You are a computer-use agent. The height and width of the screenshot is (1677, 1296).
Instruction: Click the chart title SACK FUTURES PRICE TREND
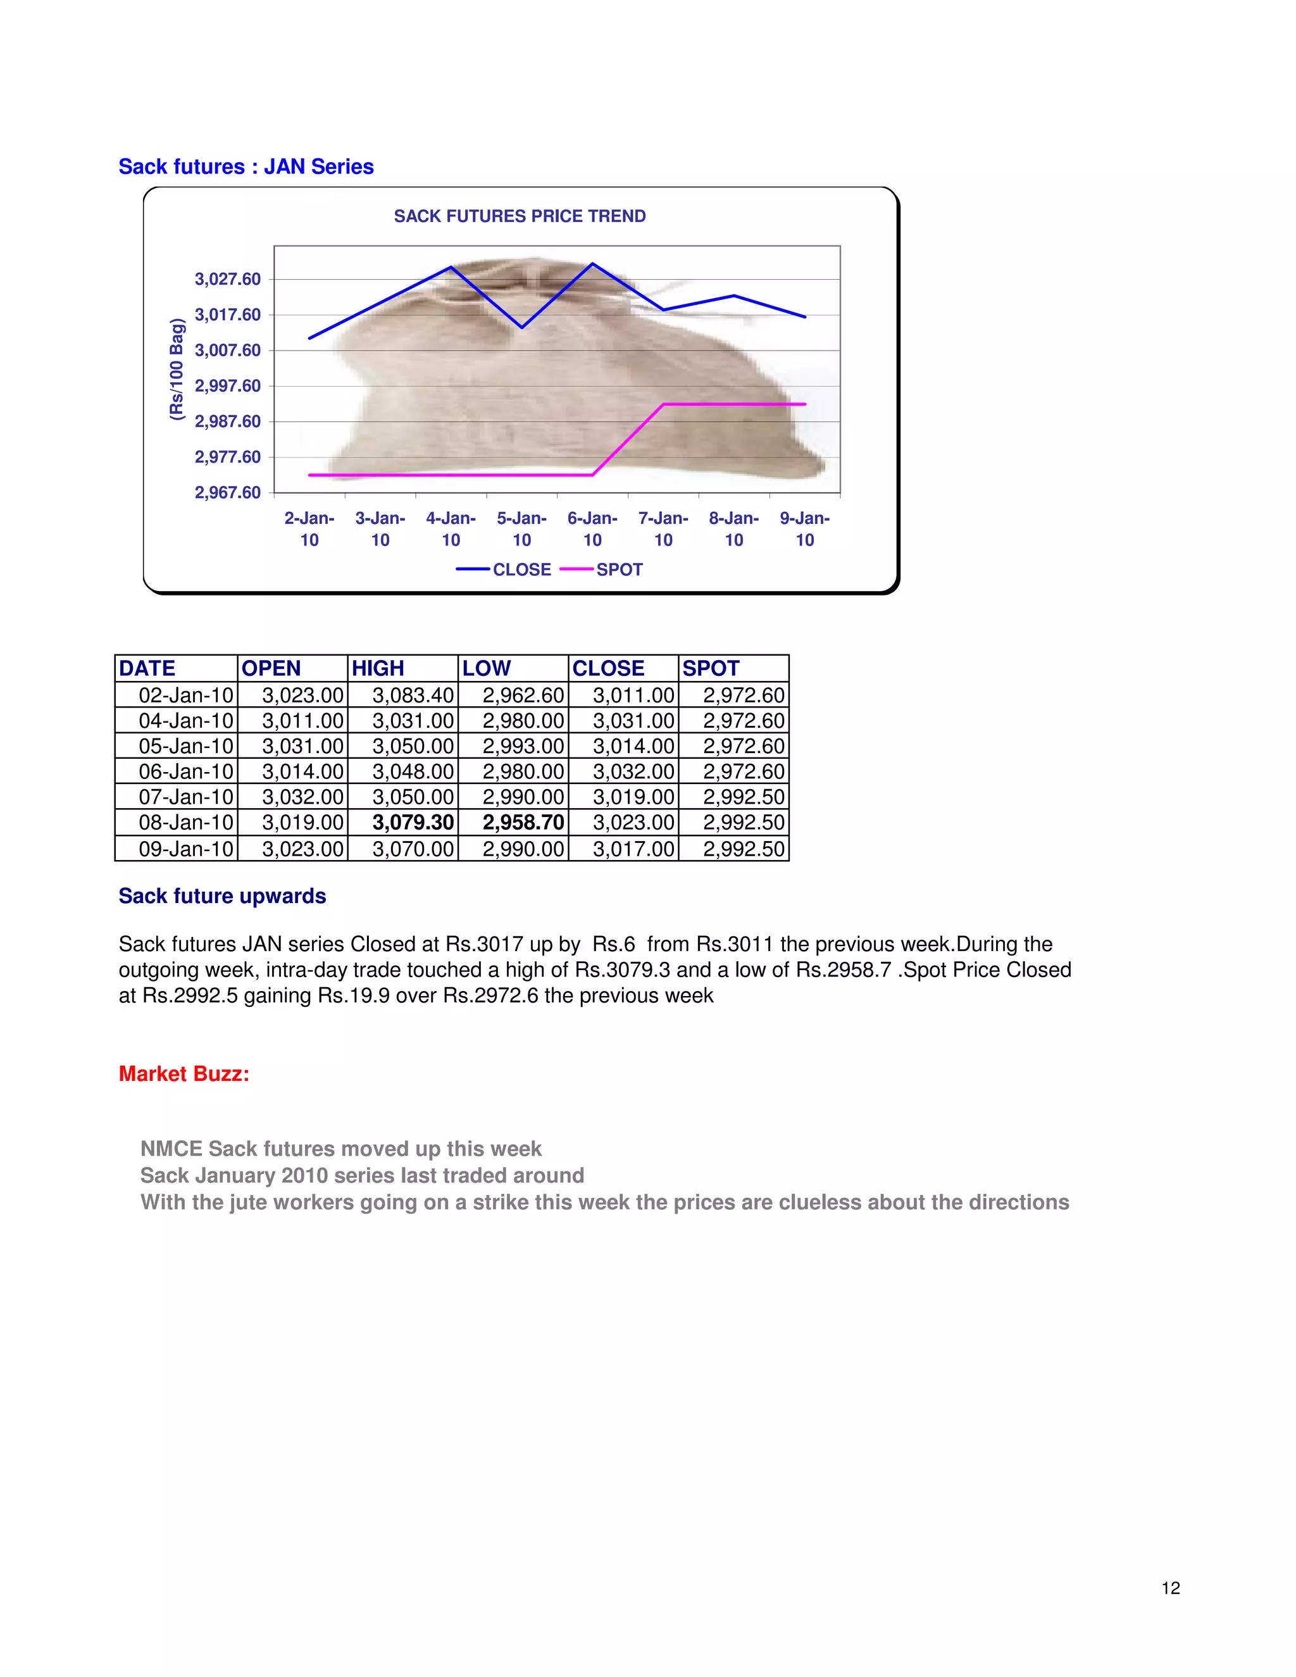pos(520,216)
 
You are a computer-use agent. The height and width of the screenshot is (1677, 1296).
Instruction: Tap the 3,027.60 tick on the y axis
pos(227,278)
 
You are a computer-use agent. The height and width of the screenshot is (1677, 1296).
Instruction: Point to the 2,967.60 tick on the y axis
pos(227,492)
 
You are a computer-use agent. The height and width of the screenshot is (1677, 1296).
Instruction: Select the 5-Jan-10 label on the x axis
pos(521,529)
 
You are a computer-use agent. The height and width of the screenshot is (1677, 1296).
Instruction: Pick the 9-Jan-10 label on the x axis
pos(805,529)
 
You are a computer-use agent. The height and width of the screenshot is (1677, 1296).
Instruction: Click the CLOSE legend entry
pos(521,570)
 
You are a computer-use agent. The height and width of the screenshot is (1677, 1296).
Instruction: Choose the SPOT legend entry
pos(619,570)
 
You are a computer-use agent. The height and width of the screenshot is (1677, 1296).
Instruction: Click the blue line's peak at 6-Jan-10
pos(592,264)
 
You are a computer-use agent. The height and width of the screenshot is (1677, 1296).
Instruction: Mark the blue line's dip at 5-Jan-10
pos(522,327)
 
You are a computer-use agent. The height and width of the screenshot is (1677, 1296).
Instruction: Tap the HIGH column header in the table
pos(378,668)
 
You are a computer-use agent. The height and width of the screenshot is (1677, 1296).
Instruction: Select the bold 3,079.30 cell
pos(413,823)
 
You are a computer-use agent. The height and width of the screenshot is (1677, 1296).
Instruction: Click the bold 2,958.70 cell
pos(523,823)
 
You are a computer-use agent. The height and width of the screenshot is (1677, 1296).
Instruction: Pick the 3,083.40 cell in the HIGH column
pos(413,695)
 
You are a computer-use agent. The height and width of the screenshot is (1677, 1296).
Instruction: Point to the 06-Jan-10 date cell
pos(186,771)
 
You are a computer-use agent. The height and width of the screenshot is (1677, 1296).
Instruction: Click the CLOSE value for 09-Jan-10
pos(633,849)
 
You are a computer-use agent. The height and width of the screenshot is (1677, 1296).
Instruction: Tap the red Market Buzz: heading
pos(184,1073)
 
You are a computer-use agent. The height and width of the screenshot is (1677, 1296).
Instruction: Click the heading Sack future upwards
pos(222,896)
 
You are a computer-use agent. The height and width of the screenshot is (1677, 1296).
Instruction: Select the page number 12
pos(1170,1588)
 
